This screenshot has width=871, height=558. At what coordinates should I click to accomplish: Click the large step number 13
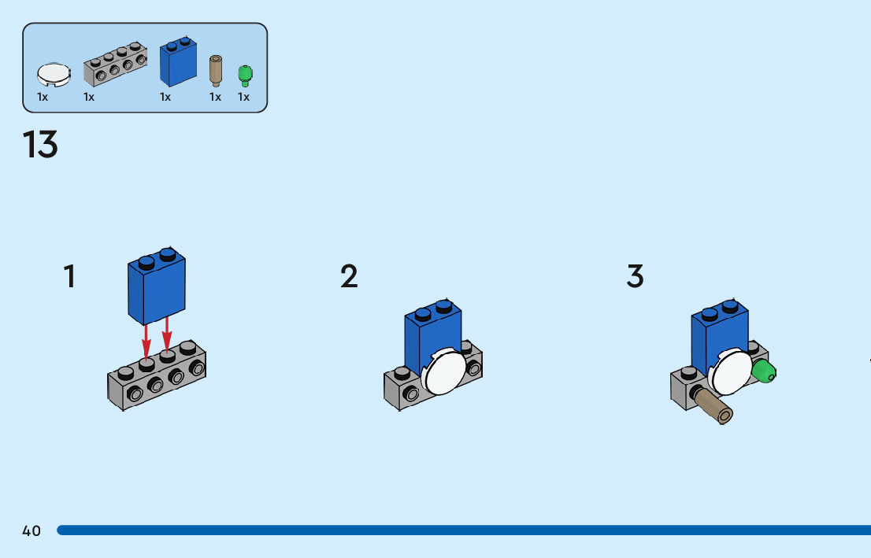click(x=40, y=145)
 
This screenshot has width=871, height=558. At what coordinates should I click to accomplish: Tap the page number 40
click(x=32, y=531)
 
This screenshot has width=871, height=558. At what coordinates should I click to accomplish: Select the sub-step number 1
click(x=69, y=276)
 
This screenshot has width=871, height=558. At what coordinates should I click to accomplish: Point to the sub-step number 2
click(x=349, y=276)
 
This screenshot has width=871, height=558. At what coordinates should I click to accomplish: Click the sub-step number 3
click(x=635, y=276)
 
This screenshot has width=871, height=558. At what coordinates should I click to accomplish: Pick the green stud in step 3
click(x=763, y=371)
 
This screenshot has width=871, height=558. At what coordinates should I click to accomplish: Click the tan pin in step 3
click(x=713, y=405)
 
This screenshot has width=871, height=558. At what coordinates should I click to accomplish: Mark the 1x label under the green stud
click(x=244, y=98)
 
